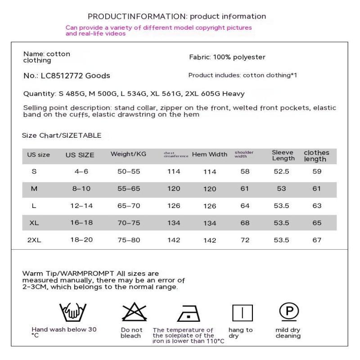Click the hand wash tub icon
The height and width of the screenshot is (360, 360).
[x=73, y=311]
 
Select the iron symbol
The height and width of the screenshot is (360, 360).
[x=189, y=313]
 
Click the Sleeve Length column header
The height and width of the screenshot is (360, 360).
[x=283, y=155]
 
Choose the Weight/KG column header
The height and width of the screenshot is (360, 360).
[x=128, y=154]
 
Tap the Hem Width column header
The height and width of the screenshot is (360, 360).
[x=209, y=154]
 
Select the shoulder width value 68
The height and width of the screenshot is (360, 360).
[x=245, y=223]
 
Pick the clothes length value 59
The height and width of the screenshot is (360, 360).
[x=317, y=171]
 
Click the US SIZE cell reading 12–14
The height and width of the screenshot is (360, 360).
[x=81, y=206]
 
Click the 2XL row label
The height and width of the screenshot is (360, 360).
[x=34, y=240]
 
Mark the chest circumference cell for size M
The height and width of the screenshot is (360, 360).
[x=174, y=189]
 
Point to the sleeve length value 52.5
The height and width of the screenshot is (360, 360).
[x=282, y=171]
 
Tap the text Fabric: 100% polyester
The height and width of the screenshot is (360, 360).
[x=227, y=57]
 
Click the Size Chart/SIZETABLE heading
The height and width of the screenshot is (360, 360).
[x=62, y=135]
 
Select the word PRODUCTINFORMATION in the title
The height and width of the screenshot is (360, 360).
[x=137, y=17]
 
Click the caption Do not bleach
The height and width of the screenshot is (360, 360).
[x=131, y=333]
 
